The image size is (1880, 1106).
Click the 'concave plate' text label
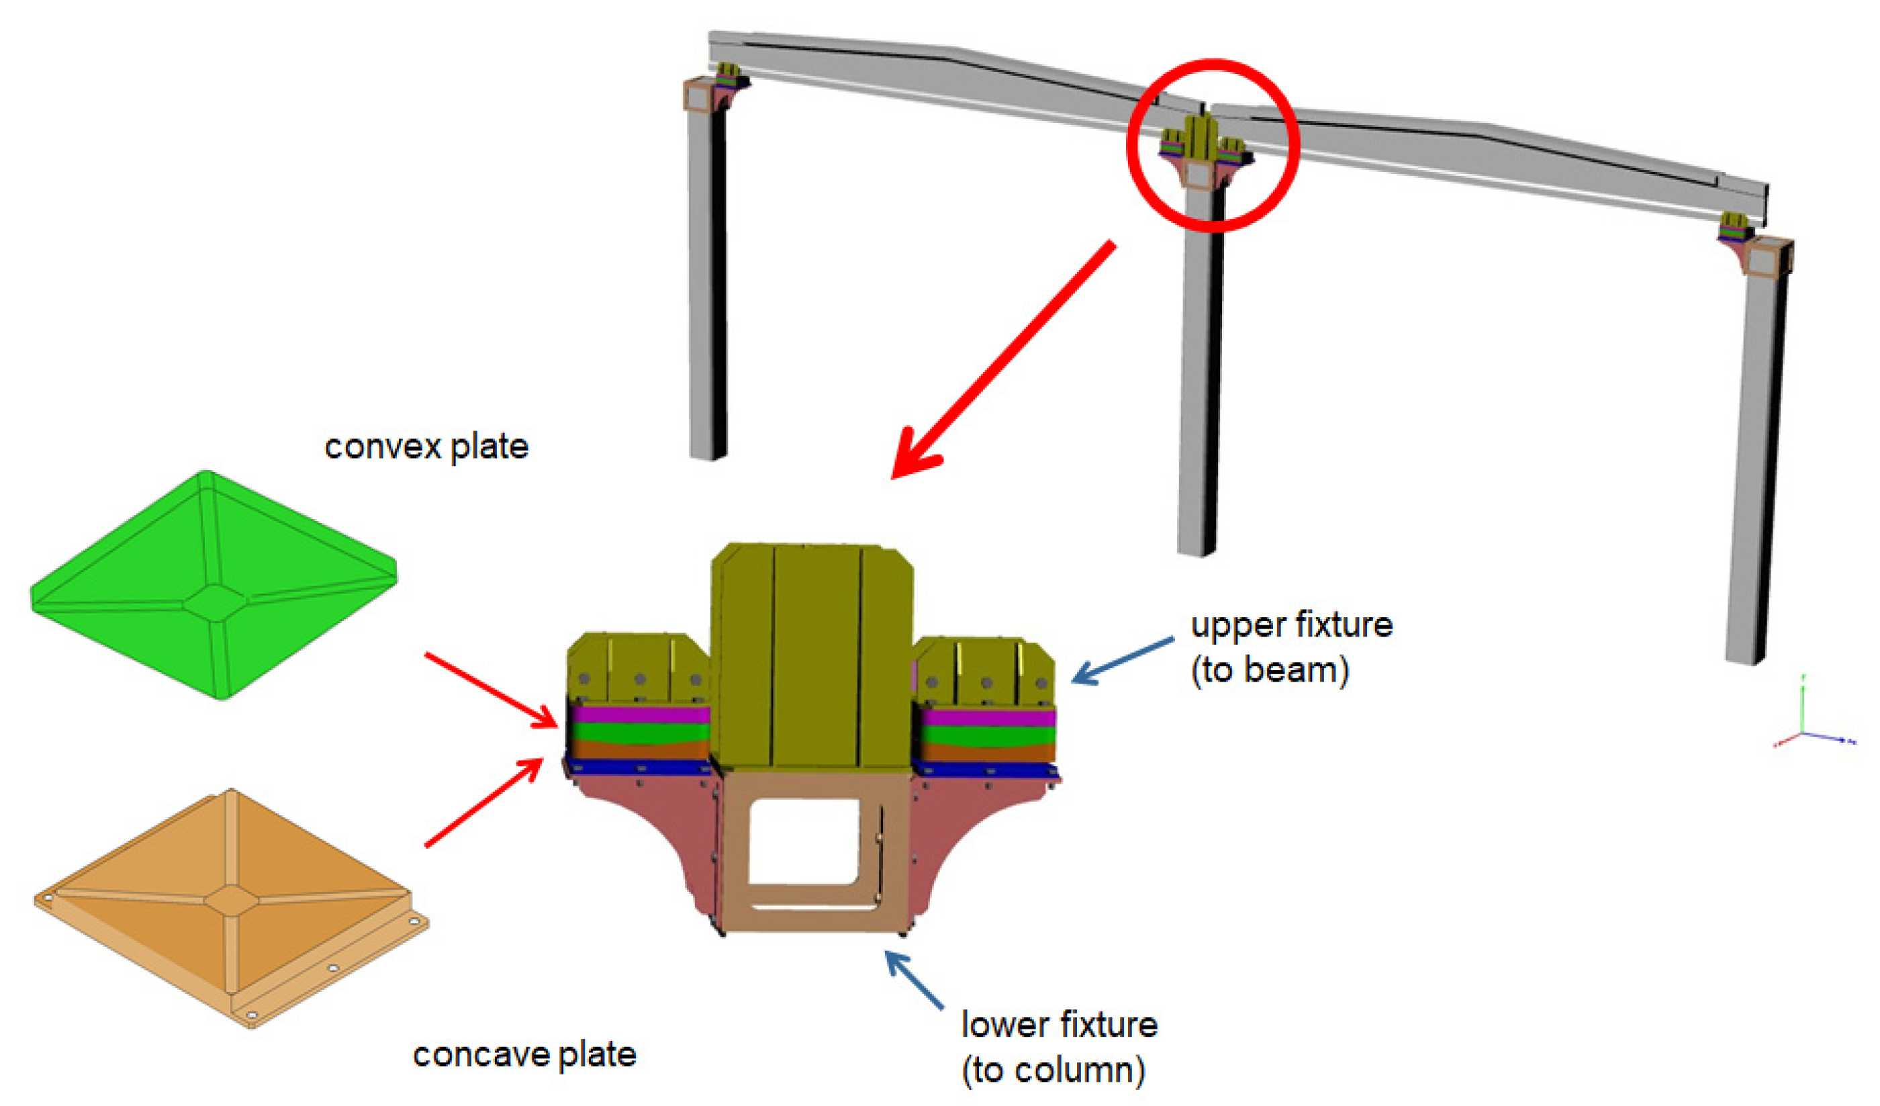pyautogui.click(x=524, y=1054)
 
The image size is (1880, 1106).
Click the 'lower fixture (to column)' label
pyautogui.click(x=1058, y=1046)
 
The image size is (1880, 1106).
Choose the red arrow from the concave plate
pyautogui.click(x=485, y=803)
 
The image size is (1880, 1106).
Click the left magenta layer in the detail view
pyautogui.click(x=639, y=715)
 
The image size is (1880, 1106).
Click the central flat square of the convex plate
pyautogui.click(x=215, y=602)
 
